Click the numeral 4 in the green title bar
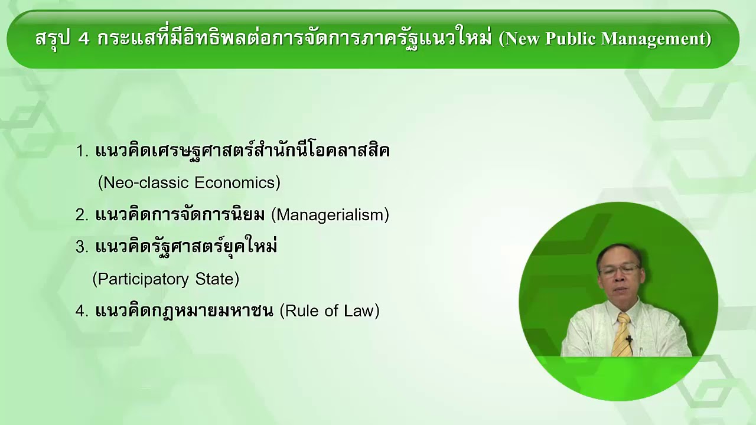pyautogui.click(x=83, y=39)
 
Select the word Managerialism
pyautogui.click(x=330, y=215)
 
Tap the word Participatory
pyautogui.click(x=146, y=279)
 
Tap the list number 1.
pyautogui.click(x=82, y=152)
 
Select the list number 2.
pyautogui.click(x=82, y=215)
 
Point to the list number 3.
pyautogui.click(x=82, y=247)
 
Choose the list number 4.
pyautogui.click(x=82, y=311)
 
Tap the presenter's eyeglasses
pyautogui.click(x=618, y=270)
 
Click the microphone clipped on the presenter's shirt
pyautogui.click(x=630, y=340)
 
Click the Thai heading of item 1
pyautogui.click(x=242, y=151)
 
